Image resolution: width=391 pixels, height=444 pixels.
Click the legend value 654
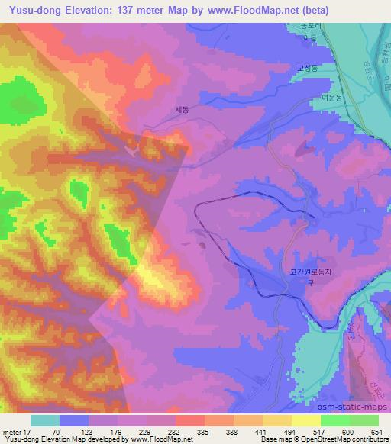point(376,431)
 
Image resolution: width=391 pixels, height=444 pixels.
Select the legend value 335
point(204,431)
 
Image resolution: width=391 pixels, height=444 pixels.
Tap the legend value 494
point(290,431)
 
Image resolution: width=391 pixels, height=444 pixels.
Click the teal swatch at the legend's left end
point(45,420)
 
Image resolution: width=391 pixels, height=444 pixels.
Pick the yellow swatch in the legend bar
point(305,420)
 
